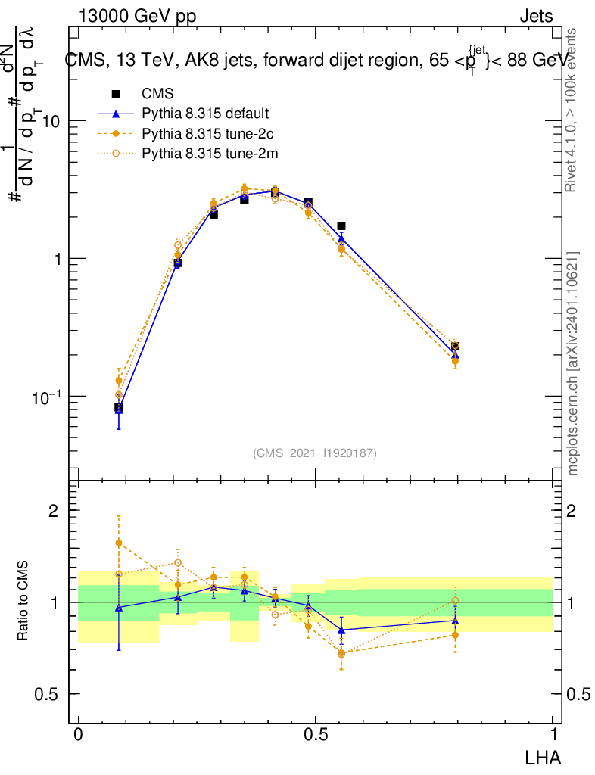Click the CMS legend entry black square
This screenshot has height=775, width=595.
click(x=116, y=95)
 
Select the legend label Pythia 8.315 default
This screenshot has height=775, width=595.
click(x=205, y=114)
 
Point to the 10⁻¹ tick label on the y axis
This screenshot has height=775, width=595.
click(x=48, y=397)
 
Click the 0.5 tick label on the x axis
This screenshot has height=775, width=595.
click(x=315, y=735)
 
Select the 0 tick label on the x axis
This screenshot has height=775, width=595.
click(x=79, y=735)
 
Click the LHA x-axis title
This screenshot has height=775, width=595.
click(x=544, y=756)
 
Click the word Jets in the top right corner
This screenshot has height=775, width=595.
click(x=536, y=17)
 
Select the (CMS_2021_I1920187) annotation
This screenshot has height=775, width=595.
click(x=315, y=453)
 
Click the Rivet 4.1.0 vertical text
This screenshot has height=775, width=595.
click(x=572, y=110)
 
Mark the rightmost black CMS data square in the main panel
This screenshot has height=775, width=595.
click(x=455, y=346)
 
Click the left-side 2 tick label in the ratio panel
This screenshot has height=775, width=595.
click(x=53, y=510)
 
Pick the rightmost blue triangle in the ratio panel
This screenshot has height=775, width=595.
click(x=455, y=621)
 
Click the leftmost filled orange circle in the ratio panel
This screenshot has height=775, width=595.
click(x=118, y=543)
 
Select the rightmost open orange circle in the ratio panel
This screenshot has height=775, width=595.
click(x=455, y=600)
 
